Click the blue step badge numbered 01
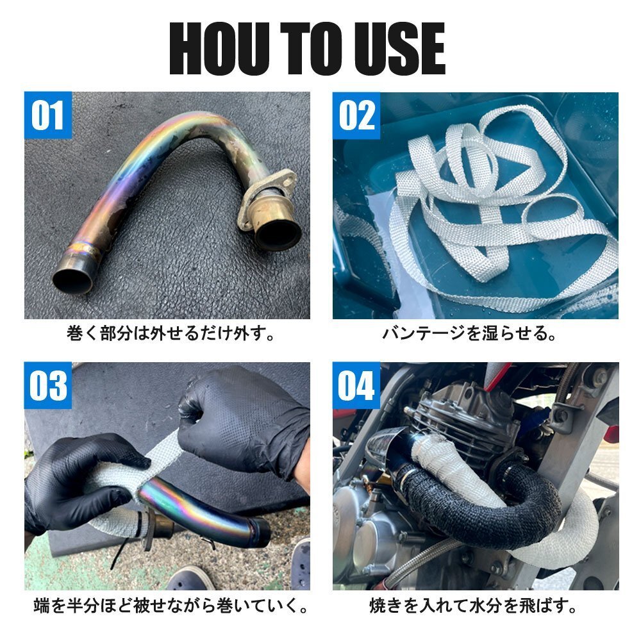pyautogui.click(x=48, y=115)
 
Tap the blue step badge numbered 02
pyautogui.click(x=356, y=115)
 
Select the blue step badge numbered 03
pyautogui.click(x=48, y=387)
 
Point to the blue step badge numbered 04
pyautogui.click(x=356, y=387)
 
